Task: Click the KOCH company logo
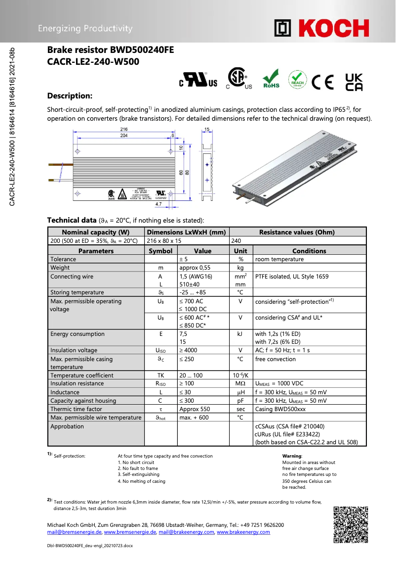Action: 321,28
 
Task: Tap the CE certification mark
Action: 323,81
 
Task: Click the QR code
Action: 351,524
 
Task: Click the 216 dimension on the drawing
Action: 124,129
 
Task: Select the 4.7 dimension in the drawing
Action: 158,203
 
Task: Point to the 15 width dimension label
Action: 207,129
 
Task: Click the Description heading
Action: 70,95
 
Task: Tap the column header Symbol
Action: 160,251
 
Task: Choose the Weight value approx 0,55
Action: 195,268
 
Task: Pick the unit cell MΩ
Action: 240,383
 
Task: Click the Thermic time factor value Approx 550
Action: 195,409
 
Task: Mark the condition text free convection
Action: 275,359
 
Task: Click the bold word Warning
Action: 291,456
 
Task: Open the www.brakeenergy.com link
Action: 243,532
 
